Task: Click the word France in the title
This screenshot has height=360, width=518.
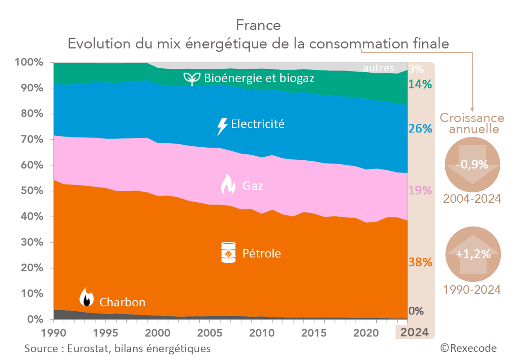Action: click(x=258, y=25)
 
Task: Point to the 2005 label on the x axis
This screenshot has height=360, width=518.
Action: click(x=209, y=332)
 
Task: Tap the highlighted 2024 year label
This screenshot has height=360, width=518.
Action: click(x=414, y=332)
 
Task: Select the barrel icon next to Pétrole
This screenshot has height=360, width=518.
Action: click(x=228, y=253)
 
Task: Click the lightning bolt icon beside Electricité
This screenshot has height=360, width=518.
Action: click(x=222, y=126)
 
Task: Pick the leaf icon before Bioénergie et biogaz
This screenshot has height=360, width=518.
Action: click(x=192, y=79)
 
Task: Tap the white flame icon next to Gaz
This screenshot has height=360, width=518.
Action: click(x=228, y=185)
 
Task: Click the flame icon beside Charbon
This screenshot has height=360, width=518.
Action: click(x=86, y=297)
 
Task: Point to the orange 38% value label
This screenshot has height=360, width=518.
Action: click(x=420, y=262)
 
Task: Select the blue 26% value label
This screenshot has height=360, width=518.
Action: click(x=420, y=129)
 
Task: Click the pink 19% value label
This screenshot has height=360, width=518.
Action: click(x=420, y=190)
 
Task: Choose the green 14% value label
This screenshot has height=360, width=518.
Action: click(x=420, y=84)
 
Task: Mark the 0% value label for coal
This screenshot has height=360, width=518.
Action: click(x=416, y=311)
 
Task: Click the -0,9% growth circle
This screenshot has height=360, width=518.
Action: click(x=472, y=164)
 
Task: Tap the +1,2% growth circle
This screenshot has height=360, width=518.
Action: click(x=473, y=254)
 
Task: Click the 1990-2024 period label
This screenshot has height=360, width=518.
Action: click(x=472, y=290)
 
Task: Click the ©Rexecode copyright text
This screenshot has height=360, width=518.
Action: click(x=468, y=348)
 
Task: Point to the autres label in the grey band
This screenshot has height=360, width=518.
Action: click(x=378, y=68)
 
